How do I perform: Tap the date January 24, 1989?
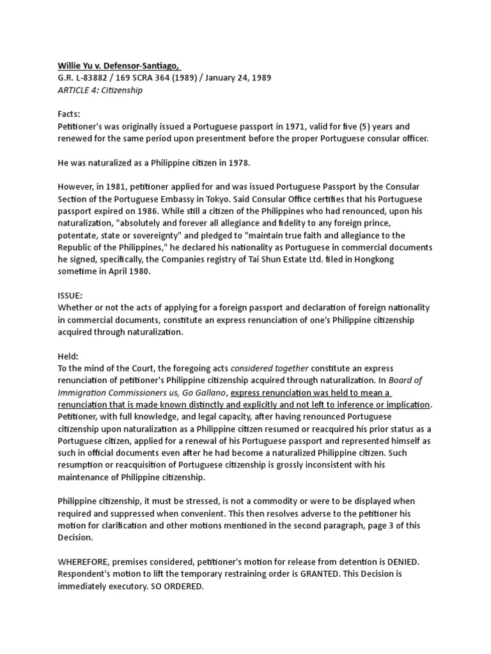tap(232, 78)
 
